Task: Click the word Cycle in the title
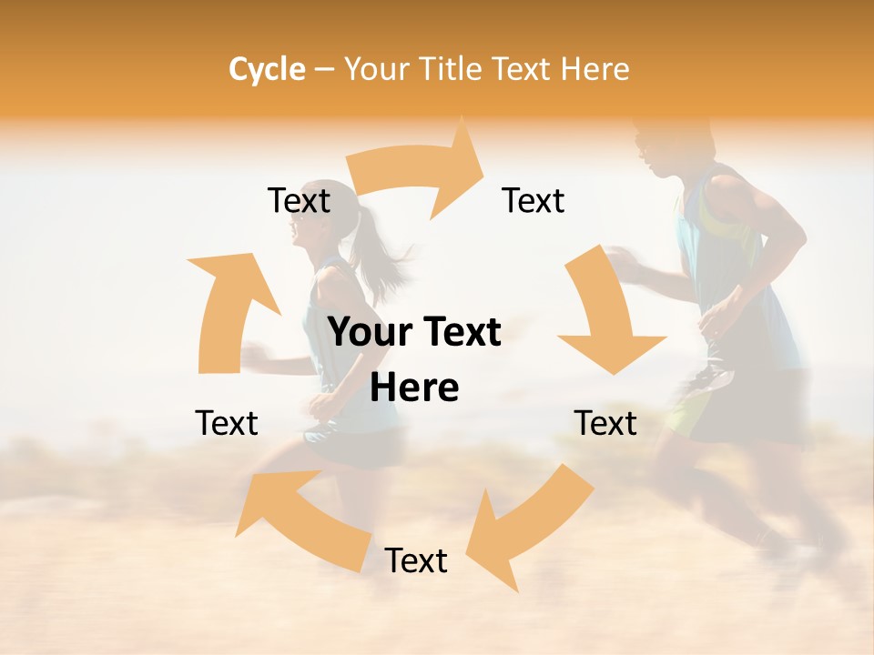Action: tap(267, 69)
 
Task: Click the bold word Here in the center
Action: tap(414, 388)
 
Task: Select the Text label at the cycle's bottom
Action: tap(416, 561)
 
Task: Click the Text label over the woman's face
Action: tap(299, 201)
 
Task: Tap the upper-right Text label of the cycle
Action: tap(534, 201)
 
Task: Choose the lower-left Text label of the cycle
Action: tap(227, 424)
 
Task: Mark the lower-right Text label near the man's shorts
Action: tap(605, 424)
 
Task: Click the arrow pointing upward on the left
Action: tap(228, 309)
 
